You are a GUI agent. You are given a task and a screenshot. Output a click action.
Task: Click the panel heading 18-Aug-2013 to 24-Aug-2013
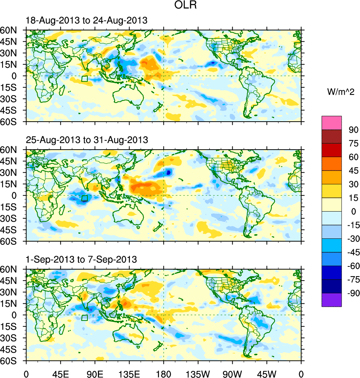pos(87,21)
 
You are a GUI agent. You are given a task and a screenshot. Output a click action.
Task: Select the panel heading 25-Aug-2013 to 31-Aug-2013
pos(87,140)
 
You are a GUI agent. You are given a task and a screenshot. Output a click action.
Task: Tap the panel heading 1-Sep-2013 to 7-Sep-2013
pos(81,259)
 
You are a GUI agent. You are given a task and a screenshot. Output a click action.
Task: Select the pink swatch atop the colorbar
pos(332,122)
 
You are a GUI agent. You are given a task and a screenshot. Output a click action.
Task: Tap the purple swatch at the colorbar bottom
pos(332,300)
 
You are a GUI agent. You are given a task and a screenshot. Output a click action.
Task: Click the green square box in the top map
pos(84,79)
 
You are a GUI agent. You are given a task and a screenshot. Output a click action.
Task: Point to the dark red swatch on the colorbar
pos(332,136)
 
